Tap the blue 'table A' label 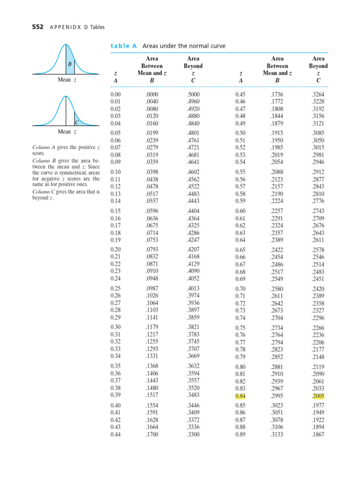tap(123, 46)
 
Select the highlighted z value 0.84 tap(240, 396)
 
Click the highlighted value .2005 tap(318, 396)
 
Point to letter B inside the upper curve tap(70, 63)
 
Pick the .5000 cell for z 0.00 tap(193, 95)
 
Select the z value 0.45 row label tap(240, 95)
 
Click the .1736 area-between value tap(277, 95)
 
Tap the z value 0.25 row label tap(115, 288)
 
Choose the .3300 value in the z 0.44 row tap(193, 434)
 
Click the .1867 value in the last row tap(318, 434)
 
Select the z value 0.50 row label tap(240, 133)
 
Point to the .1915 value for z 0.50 tap(277, 133)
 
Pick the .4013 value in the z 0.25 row tap(193, 288)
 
